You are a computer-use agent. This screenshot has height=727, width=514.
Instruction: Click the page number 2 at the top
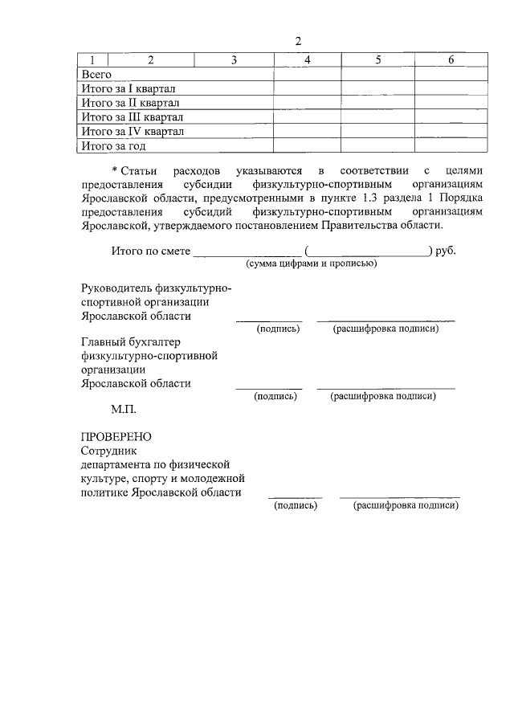[297, 41]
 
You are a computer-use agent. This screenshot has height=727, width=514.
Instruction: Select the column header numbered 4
[308, 60]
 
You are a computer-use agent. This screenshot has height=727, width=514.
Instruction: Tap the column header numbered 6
[451, 60]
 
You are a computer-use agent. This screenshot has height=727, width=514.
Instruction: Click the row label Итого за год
[114, 146]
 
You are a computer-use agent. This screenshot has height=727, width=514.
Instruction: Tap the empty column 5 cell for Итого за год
[379, 146]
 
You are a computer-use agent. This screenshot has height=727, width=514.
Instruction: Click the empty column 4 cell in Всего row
[308, 74]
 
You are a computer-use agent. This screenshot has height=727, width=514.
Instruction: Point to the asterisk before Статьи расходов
[115, 171]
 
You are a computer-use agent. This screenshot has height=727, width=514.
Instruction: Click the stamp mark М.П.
[124, 409]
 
